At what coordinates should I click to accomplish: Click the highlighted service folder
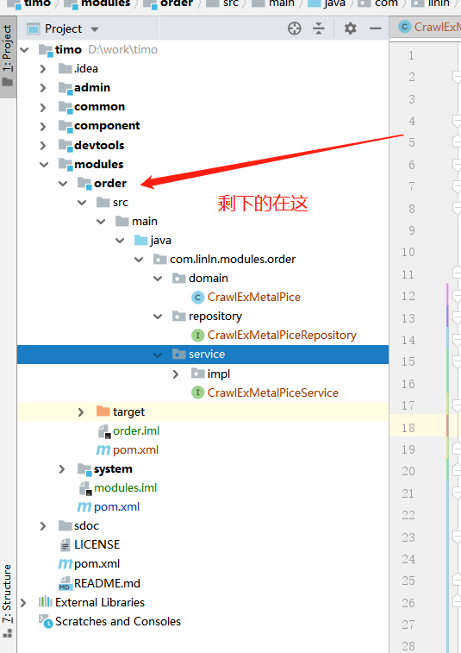pyautogui.click(x=206, y=355)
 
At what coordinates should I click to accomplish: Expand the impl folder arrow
pyautogui.click(x=176, y=374)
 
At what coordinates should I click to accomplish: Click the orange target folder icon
pyautogui.click(x=103, y=411)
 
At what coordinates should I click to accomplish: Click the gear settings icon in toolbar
pyautogui.click(x=351, y=28)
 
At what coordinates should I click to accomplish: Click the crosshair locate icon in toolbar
pyautogui.click(x=295, y=28)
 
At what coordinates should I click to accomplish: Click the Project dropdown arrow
pyautogui.click(x=95, y=29)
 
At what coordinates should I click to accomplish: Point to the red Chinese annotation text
pyautogui.click(x=263, y=204)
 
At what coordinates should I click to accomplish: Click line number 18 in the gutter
pyautogui.click(x=408, y=428)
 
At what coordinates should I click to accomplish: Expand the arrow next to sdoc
pyautogui.click(x=43, y=526)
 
